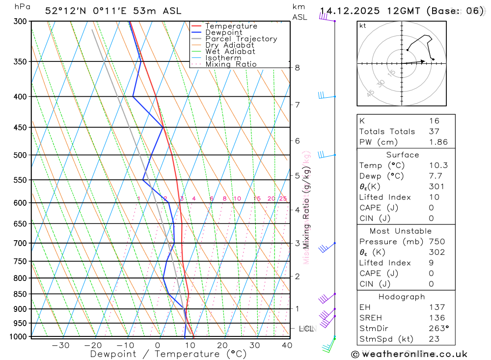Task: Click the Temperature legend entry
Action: pyautogui.click(x=231, y=26)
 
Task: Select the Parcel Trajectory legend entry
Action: pyautogui.click(x=241, y=39)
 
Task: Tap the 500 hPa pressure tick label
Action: pyautogui.click(x=20, y=155)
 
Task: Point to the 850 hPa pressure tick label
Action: pyautogui.click(x=20, y=294)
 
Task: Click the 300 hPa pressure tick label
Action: pyautogui.click(x=20, y=22)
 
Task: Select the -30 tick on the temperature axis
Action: pyautogui.click(x=60, y=345)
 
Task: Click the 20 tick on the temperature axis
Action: pyautogui.click(x=222, y=345)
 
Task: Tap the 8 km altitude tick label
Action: pyautogui.click(x=297, y=68)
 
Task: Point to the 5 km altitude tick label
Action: pyautogui.click(x=297, y=175)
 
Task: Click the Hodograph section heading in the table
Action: pyautogui.click(x=406, y=297)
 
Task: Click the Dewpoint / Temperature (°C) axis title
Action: pyautogui.click(x=168, y=354)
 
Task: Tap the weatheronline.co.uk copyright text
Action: pyautogui.click(x=409, y=354)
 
